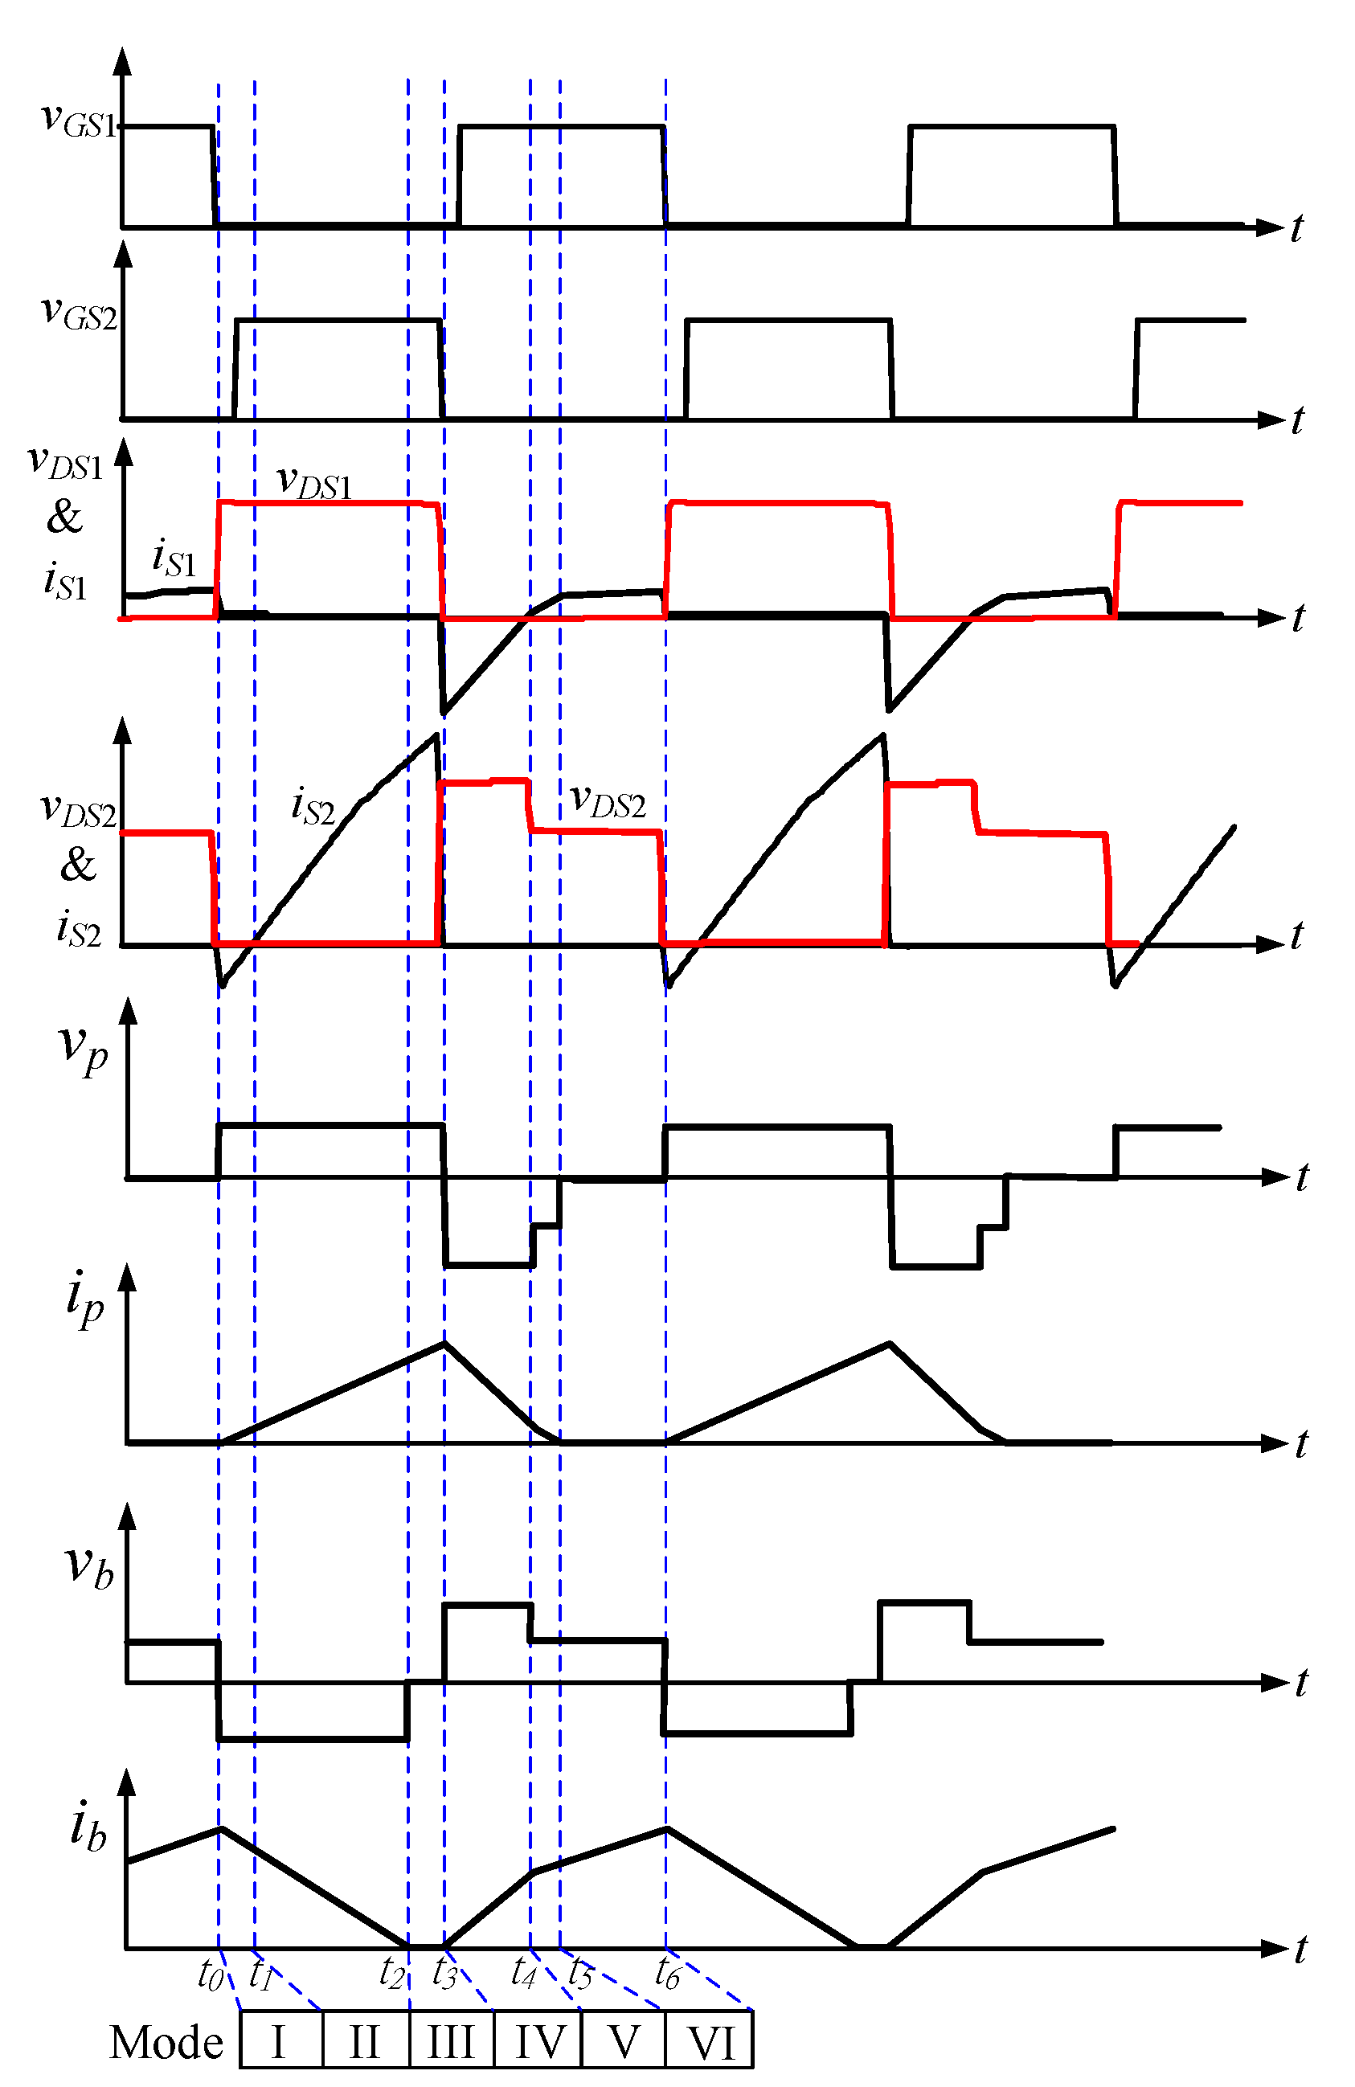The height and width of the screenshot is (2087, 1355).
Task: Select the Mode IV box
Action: point(538,2040)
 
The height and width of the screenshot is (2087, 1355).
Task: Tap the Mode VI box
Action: point(710,2040)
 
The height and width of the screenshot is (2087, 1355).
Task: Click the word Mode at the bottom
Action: point(166,2042)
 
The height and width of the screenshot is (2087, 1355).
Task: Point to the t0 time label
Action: point(211,1974)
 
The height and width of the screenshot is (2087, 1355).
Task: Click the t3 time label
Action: point(444,1974)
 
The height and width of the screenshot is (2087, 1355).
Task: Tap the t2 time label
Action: point(391,1974)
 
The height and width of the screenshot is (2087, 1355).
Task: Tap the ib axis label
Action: point(88,1827)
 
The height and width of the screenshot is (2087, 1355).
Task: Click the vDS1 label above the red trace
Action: point(314,481)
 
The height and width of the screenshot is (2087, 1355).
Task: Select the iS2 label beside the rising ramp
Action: point(312,805)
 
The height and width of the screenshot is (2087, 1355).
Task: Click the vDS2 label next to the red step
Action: point(608,800)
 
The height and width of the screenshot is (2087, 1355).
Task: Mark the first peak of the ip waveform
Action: point(444,1343)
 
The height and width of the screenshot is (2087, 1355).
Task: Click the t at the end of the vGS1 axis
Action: point(1297,228)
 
